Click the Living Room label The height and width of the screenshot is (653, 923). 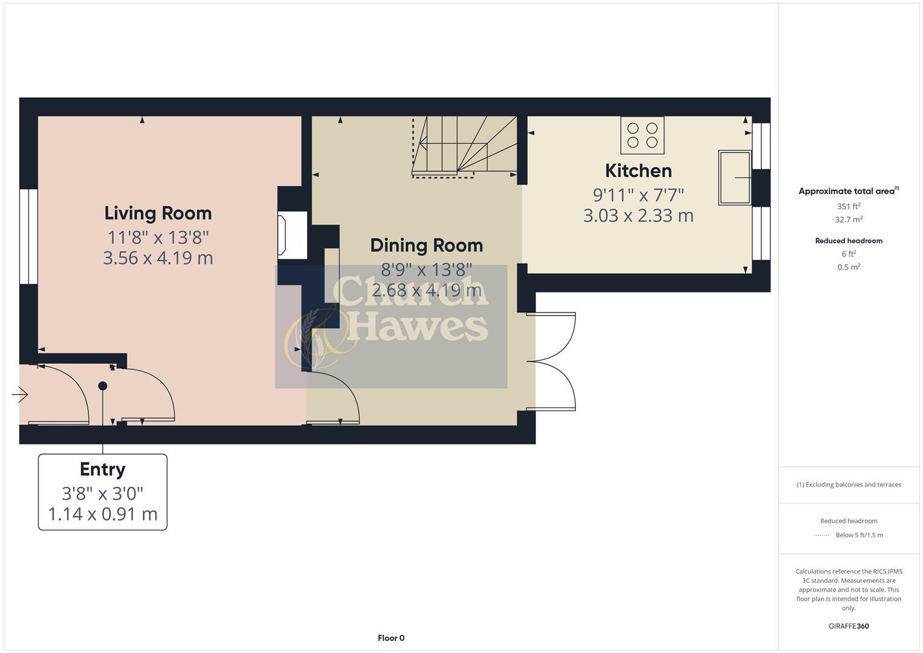pyautogui.click(x=158, y=213)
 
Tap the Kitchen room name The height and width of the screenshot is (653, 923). pyautogui.click(x=638, y=171)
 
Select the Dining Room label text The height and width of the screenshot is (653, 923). pyautogui.click(x=426, y=245)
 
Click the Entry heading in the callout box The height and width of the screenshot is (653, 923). pyautogui.click(x=103, y=470)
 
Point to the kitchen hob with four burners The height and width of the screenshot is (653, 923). pyautogui.click(x=642, y=135)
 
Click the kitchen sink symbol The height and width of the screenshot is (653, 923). pyautogui.click(x=734, y=178)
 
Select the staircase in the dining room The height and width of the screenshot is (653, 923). pyautogui.click(x=464, y=147)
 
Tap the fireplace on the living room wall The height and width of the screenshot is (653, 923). pyautogui.click(x=282, y=235)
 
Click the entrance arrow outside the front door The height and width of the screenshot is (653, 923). pyautogui.click(x=19, y=395)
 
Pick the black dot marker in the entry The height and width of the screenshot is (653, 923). pyautogui.click(x=103, y=386)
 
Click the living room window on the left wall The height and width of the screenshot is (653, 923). pyautogui.click(x=28, y=236)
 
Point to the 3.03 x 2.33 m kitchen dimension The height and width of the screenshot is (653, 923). pyautogui.click(x=638, y=216)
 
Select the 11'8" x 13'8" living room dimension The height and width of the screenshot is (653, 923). pyautogui.click(x=158, y=236)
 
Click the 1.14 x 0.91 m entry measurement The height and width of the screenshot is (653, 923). pyautogui.click(x=103, y=515)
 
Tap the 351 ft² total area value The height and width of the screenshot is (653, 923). pyautogui.click(x=848, y=206)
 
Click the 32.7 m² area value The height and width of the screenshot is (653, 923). pyautogui.click(x=848, y=220)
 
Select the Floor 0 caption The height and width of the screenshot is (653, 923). pyautogui.click(x=390, y=638)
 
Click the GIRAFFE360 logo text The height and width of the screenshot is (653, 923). pyautogui.click(x=848, y=626)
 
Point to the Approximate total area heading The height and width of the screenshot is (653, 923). pyautogui.click(x=847, y=191)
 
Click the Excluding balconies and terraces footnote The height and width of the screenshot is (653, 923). pyautogui.click(x=848, y=485)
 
